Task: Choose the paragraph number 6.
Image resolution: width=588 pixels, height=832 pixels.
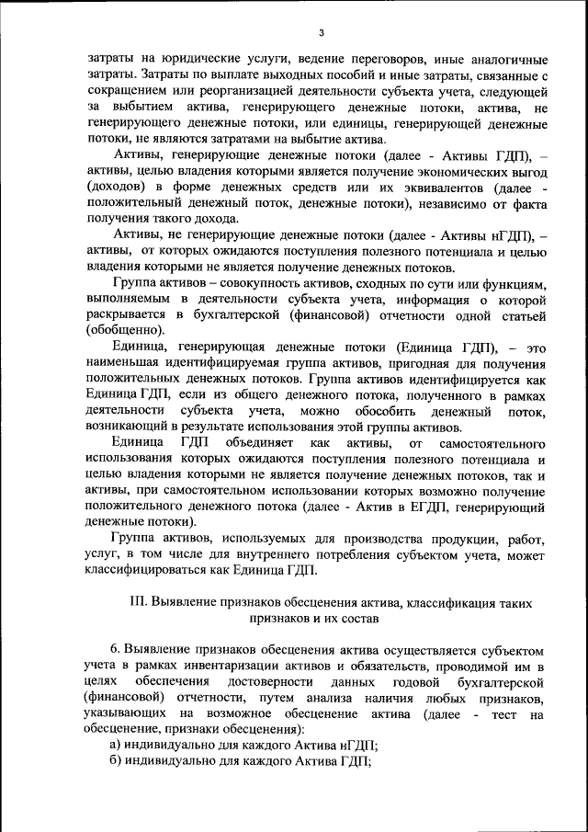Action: coord(115,649)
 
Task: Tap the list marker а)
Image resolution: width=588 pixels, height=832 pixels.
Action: coord(116,745)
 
